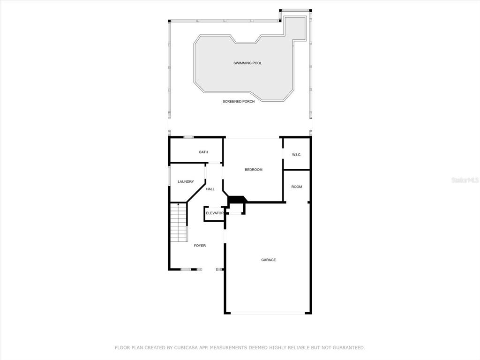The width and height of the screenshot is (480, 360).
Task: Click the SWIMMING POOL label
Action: click(x=247, y=63)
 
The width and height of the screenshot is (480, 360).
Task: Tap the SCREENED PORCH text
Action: click(x=239, y=101)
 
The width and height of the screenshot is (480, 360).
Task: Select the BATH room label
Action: click(x=203, y=152)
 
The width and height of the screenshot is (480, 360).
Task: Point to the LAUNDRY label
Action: click(x=186, y=181)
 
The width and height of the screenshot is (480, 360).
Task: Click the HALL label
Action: click(x=210, y=189)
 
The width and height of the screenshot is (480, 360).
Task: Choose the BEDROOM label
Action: click(x=254, y=170)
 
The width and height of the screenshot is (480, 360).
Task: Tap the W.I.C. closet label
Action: click(x=297, y=155)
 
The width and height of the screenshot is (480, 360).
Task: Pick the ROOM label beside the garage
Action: click(x=297, y=187)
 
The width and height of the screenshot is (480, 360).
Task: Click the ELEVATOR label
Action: click(x=215, y=213)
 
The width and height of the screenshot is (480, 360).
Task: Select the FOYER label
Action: click(x=200, y=246)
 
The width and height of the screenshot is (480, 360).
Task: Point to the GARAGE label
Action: click(x=269, y=260)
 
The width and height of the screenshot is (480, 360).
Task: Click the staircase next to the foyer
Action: click(x=179, y=222)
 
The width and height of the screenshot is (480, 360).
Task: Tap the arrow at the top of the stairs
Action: click(x=179, y=204)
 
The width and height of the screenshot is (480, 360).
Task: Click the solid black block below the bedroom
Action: click(x=237, y=199)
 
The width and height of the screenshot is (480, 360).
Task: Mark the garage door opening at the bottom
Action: click(x=268, y=313)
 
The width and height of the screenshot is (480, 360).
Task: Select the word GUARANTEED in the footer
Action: click(x=348, y=348)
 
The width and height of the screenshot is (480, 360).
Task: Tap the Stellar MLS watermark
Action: click(x=465, y=180)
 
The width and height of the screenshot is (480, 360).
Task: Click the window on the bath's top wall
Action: click(x=188, y=137)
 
